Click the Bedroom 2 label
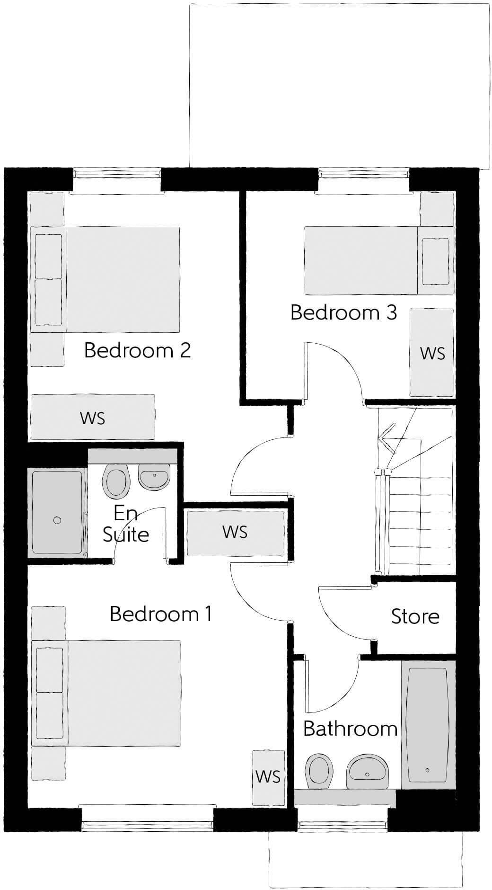[x=137, y=351]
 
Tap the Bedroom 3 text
[x=343, y=313]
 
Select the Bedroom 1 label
[x=161, y=614]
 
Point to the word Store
[x=415, y=616]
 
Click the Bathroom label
[x=350, y=729]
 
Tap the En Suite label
[x=126, y=525]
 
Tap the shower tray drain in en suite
[x=57, y=520]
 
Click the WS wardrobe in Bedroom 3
[x=432, y=353]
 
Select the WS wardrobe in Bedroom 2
[x=93, y=418]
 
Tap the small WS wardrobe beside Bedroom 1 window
[x=268, y=776]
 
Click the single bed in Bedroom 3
[x=376, y=260]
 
